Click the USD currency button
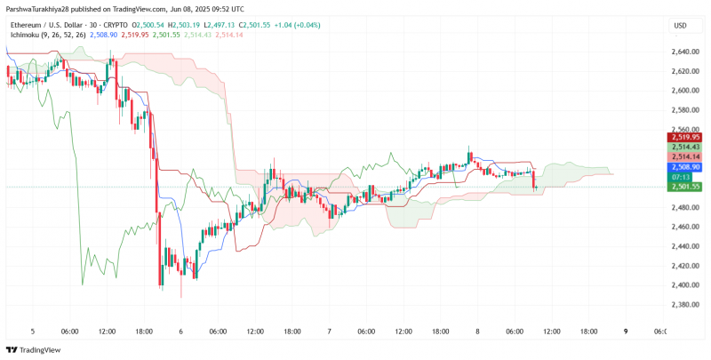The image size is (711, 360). point(680,26)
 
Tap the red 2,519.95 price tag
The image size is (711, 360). point(683,138)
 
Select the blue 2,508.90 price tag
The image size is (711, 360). point(683,167)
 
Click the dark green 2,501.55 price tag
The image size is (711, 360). point(683,187)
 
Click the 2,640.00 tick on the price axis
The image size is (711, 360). point(683,52)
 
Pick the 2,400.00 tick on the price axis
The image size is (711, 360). point(683,284)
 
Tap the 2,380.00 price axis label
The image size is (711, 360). point(683,304)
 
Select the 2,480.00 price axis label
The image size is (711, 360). point(683,207)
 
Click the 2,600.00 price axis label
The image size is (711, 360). point(683,91)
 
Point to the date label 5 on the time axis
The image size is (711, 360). point(33,332)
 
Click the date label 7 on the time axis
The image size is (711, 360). point(329,332)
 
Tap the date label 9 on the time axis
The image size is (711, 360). point(626,332)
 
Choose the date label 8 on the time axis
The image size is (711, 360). point(477,332)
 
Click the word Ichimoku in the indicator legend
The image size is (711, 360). point(24,35)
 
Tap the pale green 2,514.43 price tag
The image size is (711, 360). point(683,148)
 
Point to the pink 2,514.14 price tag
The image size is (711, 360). point(683,156)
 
